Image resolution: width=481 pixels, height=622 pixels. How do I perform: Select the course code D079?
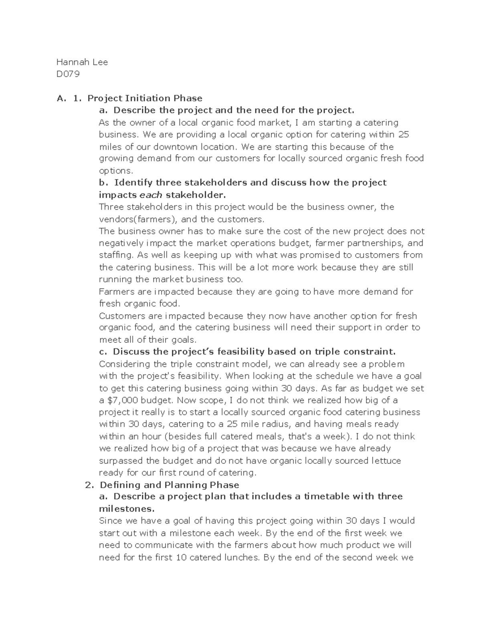coord(68,74)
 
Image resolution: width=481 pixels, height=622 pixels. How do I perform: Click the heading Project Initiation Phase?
coord(145,98)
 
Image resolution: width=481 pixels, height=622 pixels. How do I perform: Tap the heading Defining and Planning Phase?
coord(169,485)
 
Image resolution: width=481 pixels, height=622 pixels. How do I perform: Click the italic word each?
coord(151,195)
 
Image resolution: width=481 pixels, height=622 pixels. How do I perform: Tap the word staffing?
coord(116,255)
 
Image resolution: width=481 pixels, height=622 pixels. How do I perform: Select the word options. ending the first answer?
coord(115,171)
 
